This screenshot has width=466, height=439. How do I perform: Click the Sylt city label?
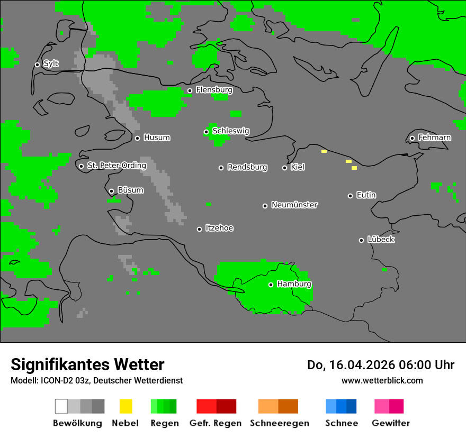51,64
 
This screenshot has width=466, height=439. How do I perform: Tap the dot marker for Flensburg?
190,90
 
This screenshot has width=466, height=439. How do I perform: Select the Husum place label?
157,138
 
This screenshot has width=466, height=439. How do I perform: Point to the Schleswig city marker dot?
206,132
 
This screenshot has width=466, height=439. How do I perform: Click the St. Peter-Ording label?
116,166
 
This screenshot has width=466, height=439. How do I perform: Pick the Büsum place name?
130,190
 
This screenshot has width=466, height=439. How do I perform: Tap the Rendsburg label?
247,168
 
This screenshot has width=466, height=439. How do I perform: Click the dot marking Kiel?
284,168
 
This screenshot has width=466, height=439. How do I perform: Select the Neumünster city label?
294,205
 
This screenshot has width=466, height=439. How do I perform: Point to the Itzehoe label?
219,228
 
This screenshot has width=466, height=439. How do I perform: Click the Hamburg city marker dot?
271,285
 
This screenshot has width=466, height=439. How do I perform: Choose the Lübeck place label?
381,240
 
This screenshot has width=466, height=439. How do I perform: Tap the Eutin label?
366,195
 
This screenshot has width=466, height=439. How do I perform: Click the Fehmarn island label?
434,138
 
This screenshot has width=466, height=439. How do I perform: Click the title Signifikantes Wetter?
87,364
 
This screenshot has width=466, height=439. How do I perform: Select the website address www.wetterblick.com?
382,380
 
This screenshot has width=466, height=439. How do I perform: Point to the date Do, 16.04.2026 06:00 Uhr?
381,365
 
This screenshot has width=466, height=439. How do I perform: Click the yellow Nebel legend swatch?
126,406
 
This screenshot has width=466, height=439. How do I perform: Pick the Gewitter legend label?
391,423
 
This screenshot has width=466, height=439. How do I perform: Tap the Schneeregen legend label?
280,423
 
